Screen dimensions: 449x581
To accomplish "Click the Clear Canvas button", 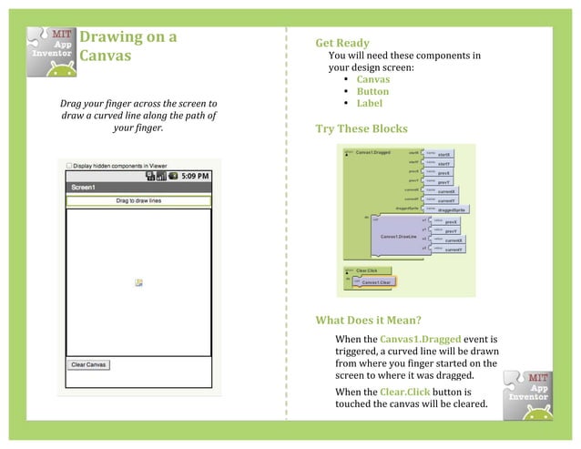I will tap(89, 365).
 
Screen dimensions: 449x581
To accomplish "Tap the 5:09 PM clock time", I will tap(194, 175).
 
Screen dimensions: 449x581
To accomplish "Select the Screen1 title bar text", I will tap(85, 187).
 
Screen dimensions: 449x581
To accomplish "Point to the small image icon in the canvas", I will tap(138, 282).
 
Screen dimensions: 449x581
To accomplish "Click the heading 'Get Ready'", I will tap(341, 44).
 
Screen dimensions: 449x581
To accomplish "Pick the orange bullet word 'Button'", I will tap(372, 92).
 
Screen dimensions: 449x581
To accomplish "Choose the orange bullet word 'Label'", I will tap(370, 104).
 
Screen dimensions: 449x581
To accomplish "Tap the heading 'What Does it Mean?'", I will tap(367, 321).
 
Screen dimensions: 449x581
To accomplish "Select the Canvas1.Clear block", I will tap(375, 282).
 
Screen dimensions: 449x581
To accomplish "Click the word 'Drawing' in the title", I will tap(114, 37).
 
